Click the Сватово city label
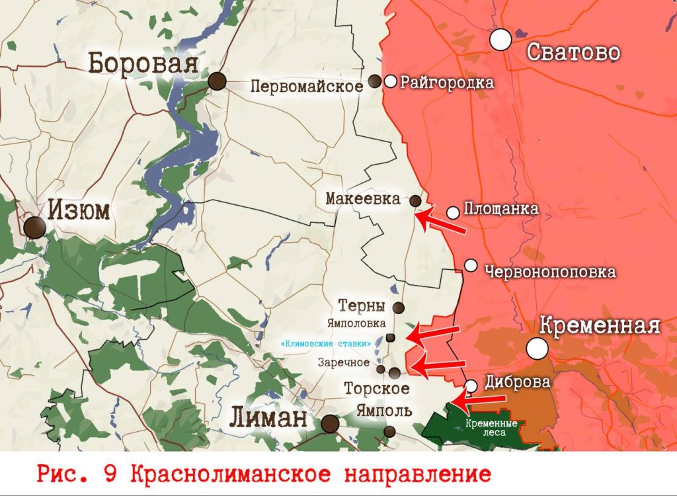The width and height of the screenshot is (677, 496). [574, 52]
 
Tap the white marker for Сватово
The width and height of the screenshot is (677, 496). [501, 40]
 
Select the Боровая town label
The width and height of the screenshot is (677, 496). [144, 64]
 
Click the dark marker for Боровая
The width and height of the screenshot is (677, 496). [217, 81]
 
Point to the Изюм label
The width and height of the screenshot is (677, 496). [79, 211]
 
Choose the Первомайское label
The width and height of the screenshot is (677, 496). [307, 86]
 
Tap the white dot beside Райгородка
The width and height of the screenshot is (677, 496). [391, 81]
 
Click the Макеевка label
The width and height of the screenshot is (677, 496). [363, 199]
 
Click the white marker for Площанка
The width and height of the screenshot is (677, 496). [453, 212]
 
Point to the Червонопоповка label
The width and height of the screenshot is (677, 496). [550, 272]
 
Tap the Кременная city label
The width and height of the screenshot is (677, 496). [600, 325]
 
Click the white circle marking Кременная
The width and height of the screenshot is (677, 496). [538, 348]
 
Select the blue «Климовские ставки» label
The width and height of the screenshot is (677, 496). [325, 345]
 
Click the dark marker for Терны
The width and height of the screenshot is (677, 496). [399, 308]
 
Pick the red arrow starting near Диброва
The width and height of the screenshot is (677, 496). [479, 399]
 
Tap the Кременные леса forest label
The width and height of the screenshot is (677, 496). [486, 428]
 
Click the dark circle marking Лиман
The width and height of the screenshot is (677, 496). [330, 424]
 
